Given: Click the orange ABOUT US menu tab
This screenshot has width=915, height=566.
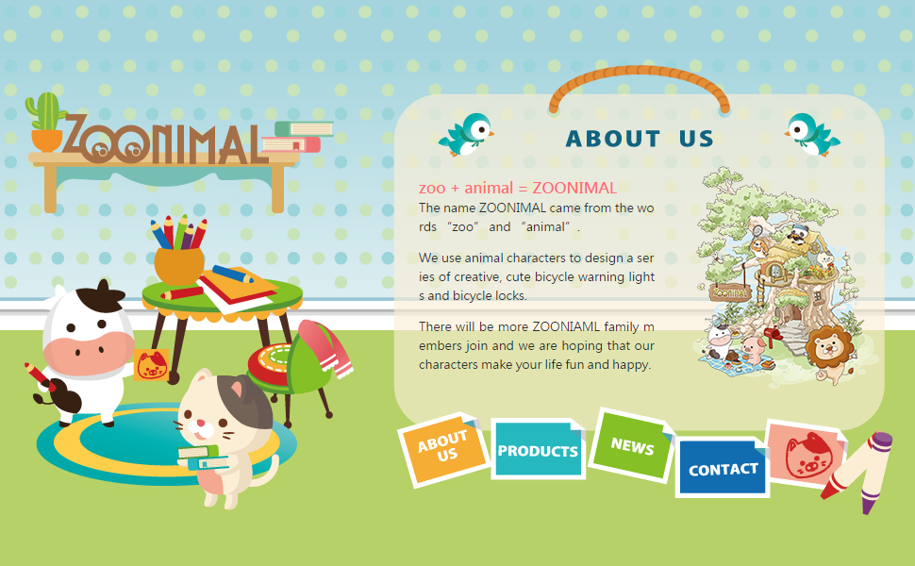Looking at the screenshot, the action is [x=443, y=448].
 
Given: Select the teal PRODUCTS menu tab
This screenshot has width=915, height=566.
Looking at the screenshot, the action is [x=538, y=449].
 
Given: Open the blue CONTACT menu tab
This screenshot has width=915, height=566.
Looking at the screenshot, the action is [x=723, y=469].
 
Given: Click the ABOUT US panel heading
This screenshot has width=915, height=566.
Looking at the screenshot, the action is [x=640, y=139].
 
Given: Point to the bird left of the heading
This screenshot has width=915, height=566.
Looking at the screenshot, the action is [x=466, y=135].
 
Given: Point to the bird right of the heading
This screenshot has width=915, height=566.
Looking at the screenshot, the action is [x=812, y=135].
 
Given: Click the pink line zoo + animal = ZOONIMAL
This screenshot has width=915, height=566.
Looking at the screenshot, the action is [x=518, y=188].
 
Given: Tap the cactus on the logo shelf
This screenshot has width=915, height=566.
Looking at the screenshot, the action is [x=46, y=121].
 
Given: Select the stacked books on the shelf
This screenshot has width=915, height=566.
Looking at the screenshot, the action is [x=297, y=137].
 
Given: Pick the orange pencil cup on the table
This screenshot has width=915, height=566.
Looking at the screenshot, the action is [x=179, y=265].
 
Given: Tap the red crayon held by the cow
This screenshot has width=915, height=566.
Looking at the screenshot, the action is [x=40, y=377].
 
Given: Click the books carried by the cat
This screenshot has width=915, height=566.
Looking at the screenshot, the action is [x=203, y=458].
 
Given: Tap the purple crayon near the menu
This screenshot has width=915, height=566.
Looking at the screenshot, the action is [x=876, y=473].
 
